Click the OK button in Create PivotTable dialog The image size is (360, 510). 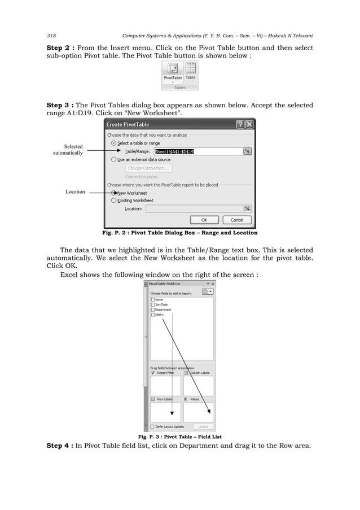coord(204,220)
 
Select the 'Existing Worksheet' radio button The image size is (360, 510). coord(114,200)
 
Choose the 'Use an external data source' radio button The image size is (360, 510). coord(114,160)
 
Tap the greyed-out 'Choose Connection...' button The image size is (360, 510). coord(148,168)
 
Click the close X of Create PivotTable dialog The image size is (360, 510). coord(249,124)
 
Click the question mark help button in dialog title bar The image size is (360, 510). coord(240,124)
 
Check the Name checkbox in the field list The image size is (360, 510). coord(153,299)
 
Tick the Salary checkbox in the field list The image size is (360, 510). coord(153,315)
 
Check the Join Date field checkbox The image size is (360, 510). coord(153,304)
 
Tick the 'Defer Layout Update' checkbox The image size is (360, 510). coord(152,426)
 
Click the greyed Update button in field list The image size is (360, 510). coord(203,426)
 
